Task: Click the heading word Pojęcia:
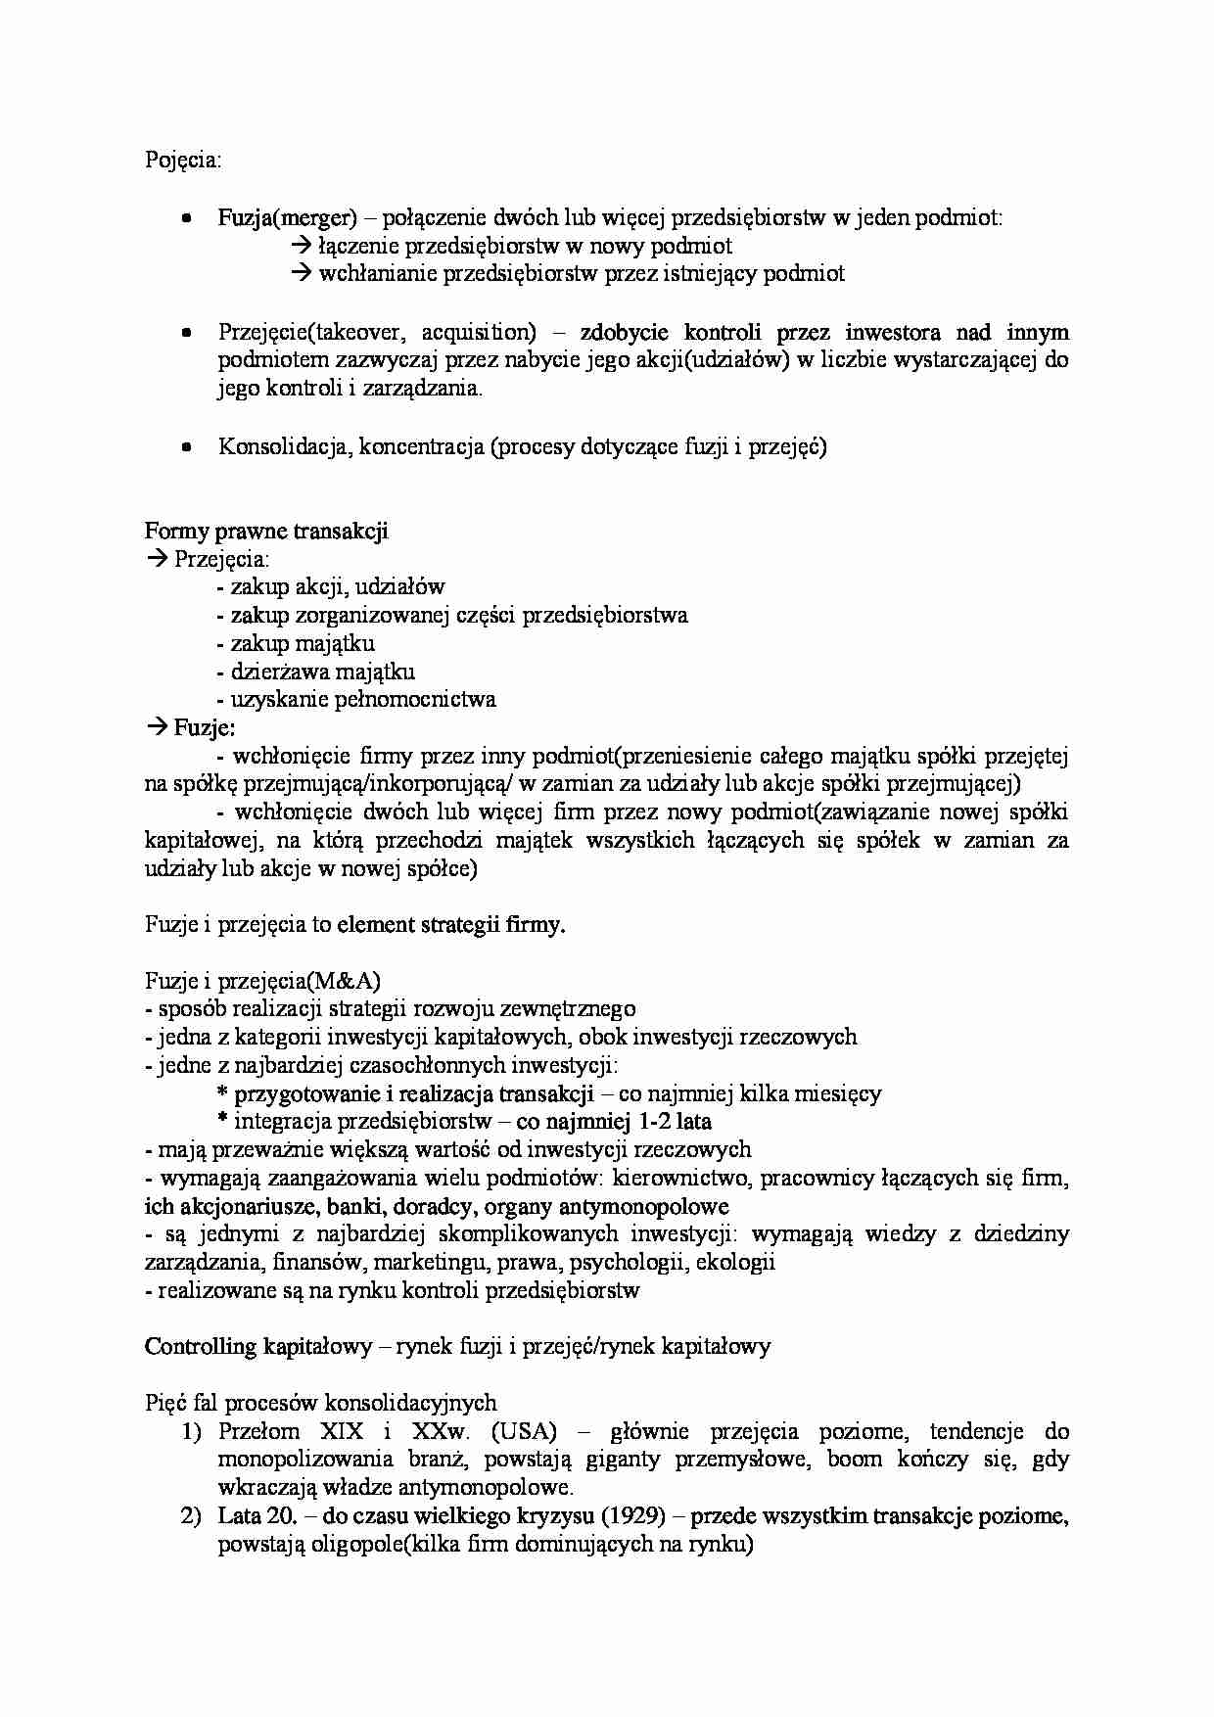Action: pos(183,161)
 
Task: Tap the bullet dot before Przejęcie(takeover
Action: pos(186,333)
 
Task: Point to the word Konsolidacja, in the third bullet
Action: pos(284,447)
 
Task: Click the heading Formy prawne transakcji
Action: pos(266,531)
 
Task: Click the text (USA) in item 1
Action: pos(525,1431)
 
